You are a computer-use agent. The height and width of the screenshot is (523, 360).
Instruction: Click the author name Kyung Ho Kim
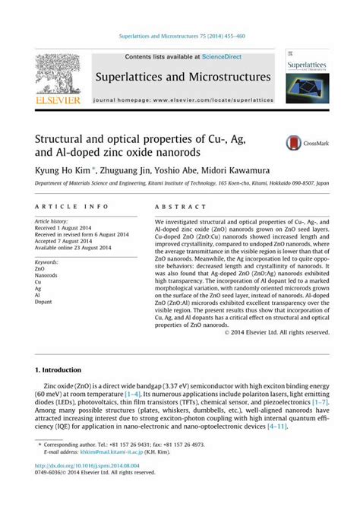[x=62, y=171]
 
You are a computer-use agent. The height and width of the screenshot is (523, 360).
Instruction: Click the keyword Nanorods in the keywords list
[x=47, y=275]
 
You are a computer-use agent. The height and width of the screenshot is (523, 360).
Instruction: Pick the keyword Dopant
[x=44, y=302]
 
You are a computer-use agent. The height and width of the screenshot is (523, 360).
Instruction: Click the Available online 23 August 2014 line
[x=73, y=248]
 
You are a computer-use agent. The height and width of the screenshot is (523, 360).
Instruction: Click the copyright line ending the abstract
[x=276, y=332]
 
